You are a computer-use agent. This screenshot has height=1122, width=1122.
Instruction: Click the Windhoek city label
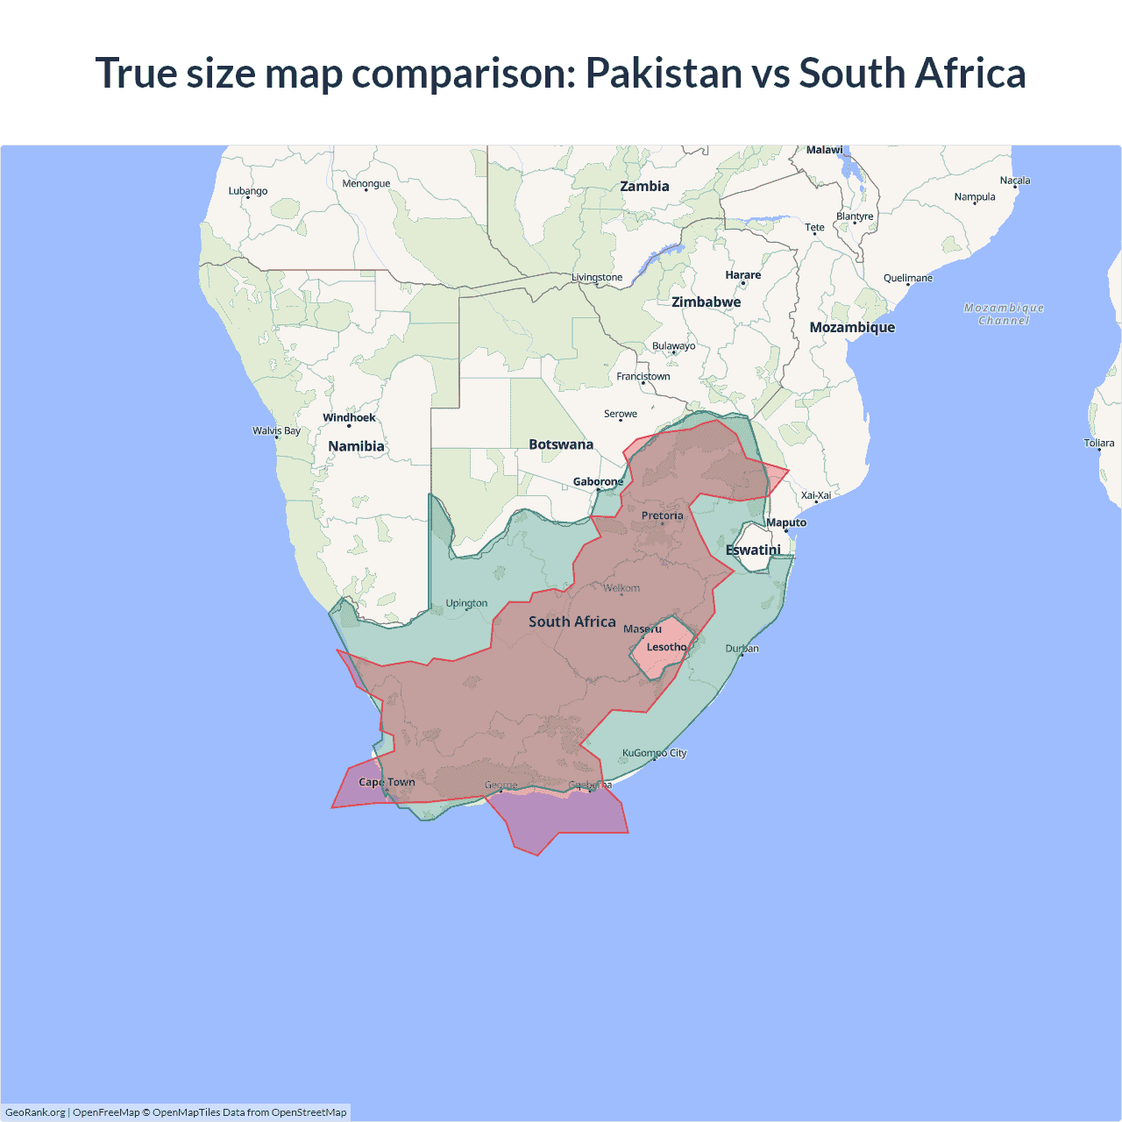pyautogui.click(x=349, y=417)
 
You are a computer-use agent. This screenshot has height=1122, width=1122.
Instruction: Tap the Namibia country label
pyautogui.click(x=356, y=446)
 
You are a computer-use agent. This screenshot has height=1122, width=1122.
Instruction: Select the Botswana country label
pyautogui.click(x=561, y=444)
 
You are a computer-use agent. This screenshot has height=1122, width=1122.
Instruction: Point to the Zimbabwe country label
pyautogui.click(x=706, y=302)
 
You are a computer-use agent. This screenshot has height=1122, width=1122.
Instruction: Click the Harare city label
pyautogui.click(x=742, y=275)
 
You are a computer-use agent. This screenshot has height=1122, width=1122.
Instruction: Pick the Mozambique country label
pyautogui.click(x=852, y=327)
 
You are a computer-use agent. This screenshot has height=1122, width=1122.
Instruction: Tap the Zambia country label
pyautogui.click(x=644, y=186)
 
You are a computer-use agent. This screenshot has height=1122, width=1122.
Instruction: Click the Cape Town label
pyautogui.click(x=387, y=782)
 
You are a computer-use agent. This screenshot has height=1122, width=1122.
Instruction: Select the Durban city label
pyautogui.click(x=742, y=649)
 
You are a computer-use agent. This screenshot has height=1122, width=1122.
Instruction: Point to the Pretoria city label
pyautogui.click(x=662, y=515)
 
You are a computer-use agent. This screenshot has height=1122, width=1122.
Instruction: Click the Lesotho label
pyautogui.click(x=666, y=647)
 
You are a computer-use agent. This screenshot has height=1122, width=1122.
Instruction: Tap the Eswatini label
pyautogui.click(x=753, y=550)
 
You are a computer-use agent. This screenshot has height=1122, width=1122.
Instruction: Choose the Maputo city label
pyautogui.click(x=786, y=522)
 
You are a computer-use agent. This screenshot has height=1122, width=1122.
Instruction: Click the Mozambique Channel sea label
pyautogui.click(x=1004, y=314)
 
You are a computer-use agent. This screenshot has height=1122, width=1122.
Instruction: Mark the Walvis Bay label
pyautogui.click(x=276, y=430)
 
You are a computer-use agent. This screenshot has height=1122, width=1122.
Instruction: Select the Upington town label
pyautogui.click(x=466, y=603)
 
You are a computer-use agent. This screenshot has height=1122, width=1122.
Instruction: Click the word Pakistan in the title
pyautogui.click(x=664, y=73)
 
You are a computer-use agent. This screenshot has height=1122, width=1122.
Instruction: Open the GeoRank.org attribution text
pyautogui.click(x=35, y=1112)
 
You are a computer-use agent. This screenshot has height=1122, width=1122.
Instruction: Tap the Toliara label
pyautogui.click(x=1098, y=443)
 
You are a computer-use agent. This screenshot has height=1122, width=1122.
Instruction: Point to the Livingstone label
pyautogui.click(x=597, y=277)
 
